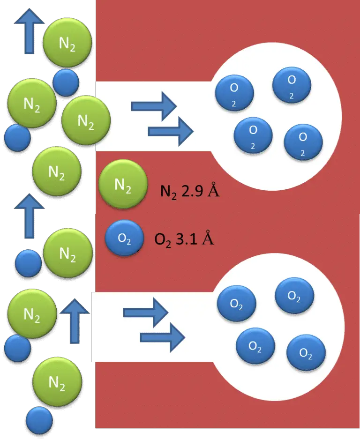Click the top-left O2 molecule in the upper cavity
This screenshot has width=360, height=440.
[x=234, y=93]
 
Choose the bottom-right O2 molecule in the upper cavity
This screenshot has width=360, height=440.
[x=303, y=142]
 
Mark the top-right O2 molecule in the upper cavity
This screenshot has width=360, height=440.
[x=292, y=85]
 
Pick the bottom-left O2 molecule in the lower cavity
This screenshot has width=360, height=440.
[x=255, y=347]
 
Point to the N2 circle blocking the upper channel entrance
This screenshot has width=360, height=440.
[x=86, y=121]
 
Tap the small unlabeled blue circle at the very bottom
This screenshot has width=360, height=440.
[x=39, y=419]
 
